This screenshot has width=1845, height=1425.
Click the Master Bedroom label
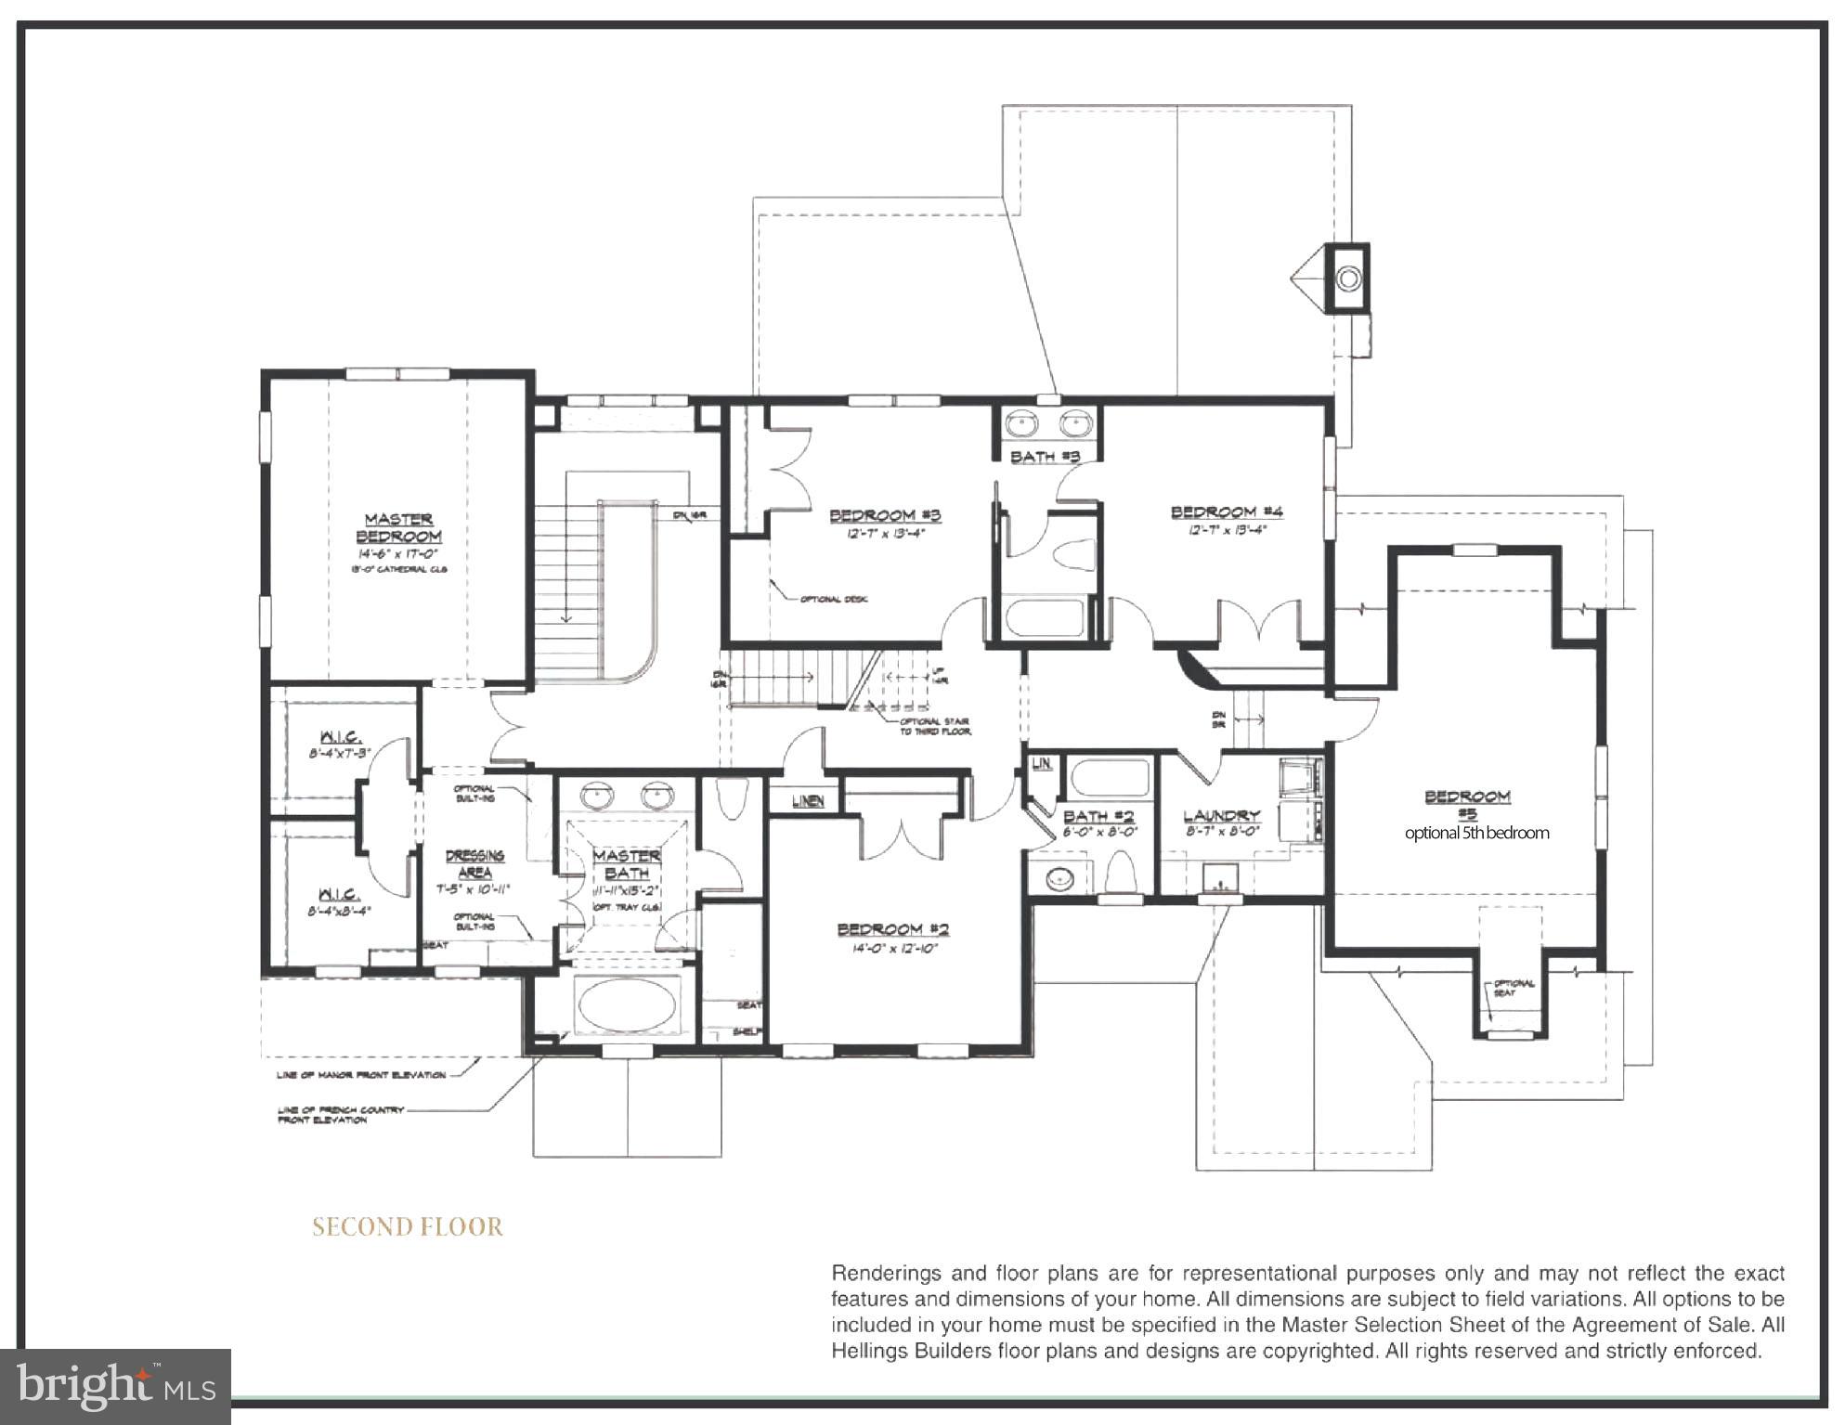click(x=398, y=528)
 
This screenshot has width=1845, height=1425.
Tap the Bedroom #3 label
click(x=885, y=515)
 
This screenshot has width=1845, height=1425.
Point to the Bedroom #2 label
click(x=892, y=929)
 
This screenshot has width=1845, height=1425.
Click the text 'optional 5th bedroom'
click(x=1475, y=833)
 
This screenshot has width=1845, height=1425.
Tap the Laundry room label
click(x=1220, y=816)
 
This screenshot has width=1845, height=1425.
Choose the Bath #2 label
click(x=1098, y=816)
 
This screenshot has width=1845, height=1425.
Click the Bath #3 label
click(x=1045, y=457)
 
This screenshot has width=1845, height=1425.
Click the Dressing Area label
click(x=474, y=863)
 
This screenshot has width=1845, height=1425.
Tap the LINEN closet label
click(x=808, y=800)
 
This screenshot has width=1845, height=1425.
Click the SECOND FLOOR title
click(x=407, y=1227)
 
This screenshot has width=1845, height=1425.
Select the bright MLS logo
click(x=115, y=1387)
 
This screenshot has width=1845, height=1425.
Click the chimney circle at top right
click(x=1348, y=278)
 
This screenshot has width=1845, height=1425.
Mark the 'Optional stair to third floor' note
click(x=934, y=726)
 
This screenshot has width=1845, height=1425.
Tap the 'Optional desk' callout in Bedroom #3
click(x=833, y=600)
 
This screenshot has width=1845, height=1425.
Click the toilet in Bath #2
click(x=1122, y=872)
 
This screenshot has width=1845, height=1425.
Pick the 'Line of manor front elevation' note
click(x=360, y=1075)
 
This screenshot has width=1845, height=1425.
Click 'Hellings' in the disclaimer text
click(x=864, y=1351)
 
